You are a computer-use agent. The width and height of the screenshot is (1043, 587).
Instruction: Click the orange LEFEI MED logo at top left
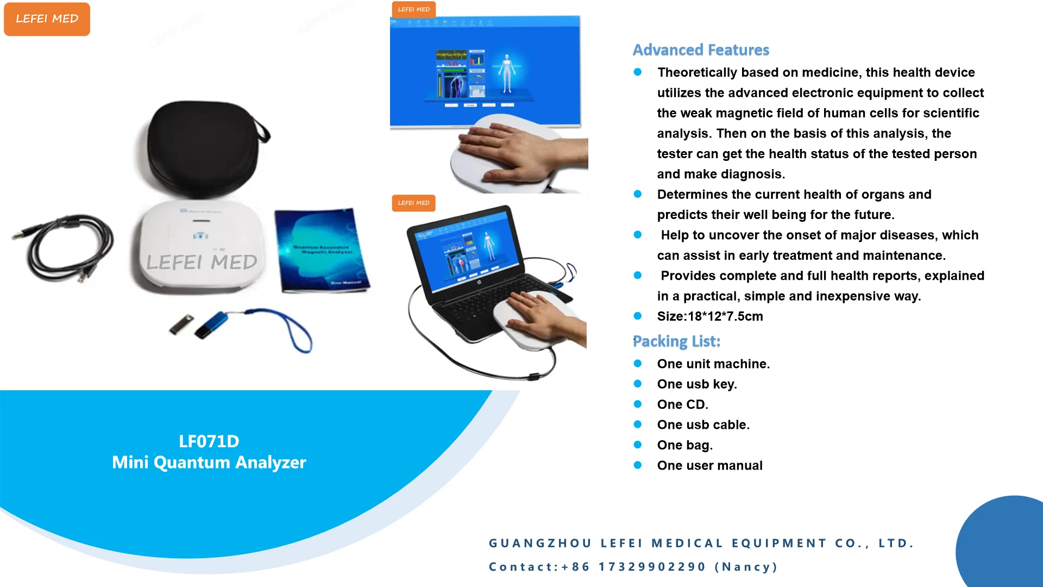tap(47, 19)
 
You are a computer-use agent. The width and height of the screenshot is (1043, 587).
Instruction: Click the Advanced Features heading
tap(701, 50)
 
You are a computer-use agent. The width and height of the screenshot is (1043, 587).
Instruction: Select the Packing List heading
tap(676, 341)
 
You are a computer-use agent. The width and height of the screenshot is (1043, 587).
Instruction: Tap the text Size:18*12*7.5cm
tap(709, 316)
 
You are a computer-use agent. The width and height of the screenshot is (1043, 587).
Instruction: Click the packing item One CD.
tap(682, 404)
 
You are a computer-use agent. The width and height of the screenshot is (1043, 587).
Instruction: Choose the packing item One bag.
tap(684, 445)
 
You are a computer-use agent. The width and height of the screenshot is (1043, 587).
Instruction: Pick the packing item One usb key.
tap(697, 384)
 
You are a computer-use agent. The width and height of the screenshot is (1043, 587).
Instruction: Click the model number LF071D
tap(209, 441)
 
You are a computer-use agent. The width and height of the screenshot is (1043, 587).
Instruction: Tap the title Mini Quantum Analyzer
tap(209, 463)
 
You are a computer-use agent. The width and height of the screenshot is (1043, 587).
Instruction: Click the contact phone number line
tap(633, 567)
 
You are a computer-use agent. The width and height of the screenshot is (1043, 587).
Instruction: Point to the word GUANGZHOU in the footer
tap(540, 543)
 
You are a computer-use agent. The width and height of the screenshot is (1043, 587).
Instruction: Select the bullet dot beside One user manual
tap(638, 465)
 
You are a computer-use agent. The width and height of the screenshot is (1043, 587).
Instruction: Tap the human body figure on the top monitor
tap(507, 73)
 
